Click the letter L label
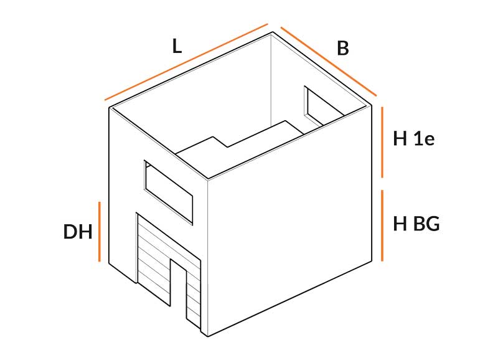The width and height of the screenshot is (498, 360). click(x=177, y=46)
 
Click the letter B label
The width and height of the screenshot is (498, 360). click(x=343, y=49)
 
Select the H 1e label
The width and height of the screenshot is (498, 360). click(x=413, y=138)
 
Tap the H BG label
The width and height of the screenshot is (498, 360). click(x=416, y=223)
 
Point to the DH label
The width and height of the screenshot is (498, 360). click(x=78, y=232)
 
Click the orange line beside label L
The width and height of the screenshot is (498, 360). click(x=186, y=62)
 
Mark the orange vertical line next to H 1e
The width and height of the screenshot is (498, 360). click(x=382, y=142)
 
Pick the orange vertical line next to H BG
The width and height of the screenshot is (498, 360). click(x=382, y=225)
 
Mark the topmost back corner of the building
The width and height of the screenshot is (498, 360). click(x=272, y=32)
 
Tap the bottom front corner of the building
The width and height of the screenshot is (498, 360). click(x=208, y=336)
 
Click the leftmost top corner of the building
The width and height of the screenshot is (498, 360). click(x=110, y=107)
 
